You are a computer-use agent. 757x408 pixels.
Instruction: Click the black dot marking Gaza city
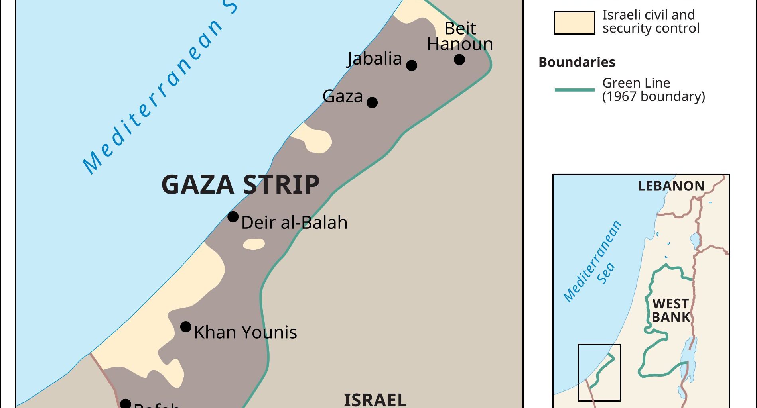pyautogui.click(x=372, y=102)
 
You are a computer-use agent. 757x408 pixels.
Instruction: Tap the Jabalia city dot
pyautogui.click(x=412, y=65)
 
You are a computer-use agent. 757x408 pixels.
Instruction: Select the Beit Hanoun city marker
pyautogui.click(x=459, y=59)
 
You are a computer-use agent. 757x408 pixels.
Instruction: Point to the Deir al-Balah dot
pyautogui.click(x=233, y=217)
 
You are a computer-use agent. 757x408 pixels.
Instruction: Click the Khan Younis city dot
pyautogui.click(x=185, y=327)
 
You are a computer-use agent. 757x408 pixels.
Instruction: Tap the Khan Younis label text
pyautogui.click(x=245, y=332)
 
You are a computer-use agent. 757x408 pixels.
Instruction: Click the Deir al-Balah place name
pyautogui.click(x=294, y=222)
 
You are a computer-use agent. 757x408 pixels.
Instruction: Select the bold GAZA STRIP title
pyautogui.click(x=241, y=184)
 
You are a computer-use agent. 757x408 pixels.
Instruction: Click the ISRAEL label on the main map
pyautogui.click(x=375, y=400)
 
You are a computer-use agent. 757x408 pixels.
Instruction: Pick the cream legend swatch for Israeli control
pyautogui.click(x=574, y=23)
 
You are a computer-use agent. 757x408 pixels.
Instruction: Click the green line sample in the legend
pyautogui.click(x=574, y=90)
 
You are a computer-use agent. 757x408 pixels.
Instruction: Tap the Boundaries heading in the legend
pyautogui.click(x=577, y=62)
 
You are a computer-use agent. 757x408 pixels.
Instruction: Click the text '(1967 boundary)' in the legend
pyautogui.click(x=653, y=96)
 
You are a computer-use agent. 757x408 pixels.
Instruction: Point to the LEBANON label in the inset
pyautogui.click(x=671, y=186)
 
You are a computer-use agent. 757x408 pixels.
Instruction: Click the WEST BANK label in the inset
pyautogui.click(x=671, y=310)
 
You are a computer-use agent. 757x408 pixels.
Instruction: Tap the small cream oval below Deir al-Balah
pyautogui.click(x=254, y=244)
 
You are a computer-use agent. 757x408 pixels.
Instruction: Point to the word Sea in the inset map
pyautogui.click(x=606, y=273)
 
